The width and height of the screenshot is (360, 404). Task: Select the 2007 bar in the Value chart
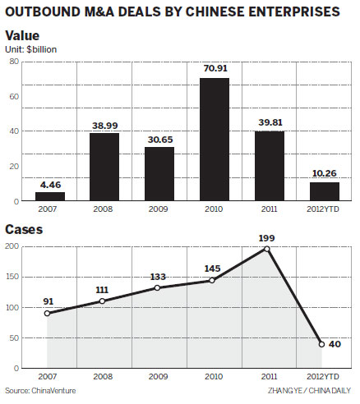49,196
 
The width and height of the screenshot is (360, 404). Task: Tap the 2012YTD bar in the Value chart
323,191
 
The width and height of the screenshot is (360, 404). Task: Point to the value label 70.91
213,70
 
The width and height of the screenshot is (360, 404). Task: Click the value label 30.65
159,139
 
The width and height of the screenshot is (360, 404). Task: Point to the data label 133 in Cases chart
159,276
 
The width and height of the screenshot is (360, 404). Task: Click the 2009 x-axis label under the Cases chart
159,377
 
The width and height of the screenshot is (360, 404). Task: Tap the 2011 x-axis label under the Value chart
268,210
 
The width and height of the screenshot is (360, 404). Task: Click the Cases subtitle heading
25,230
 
